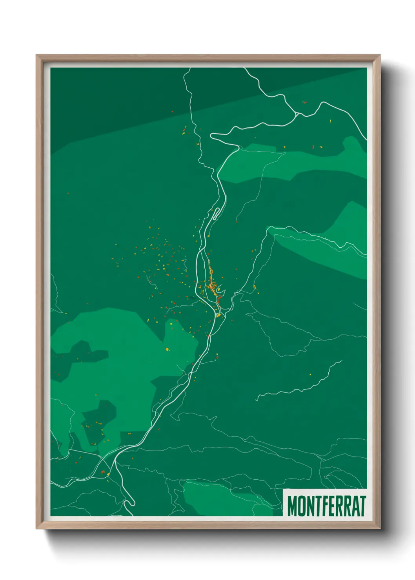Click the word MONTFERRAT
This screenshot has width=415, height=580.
(x=326, y=506)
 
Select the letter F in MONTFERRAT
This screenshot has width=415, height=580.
(x=324, y=506)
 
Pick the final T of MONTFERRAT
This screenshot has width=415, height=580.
(x=362, y=506)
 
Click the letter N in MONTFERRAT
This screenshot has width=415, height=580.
(x=309, y=506)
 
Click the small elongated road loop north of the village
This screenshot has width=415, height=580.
(x=215, y=214)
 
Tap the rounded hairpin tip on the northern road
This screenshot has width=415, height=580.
(x=212, y=136)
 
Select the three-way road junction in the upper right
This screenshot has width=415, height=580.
(x=297, y=114)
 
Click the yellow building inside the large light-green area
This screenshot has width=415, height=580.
(x=167, y=349)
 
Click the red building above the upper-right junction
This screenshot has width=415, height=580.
(x=304, y=103)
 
